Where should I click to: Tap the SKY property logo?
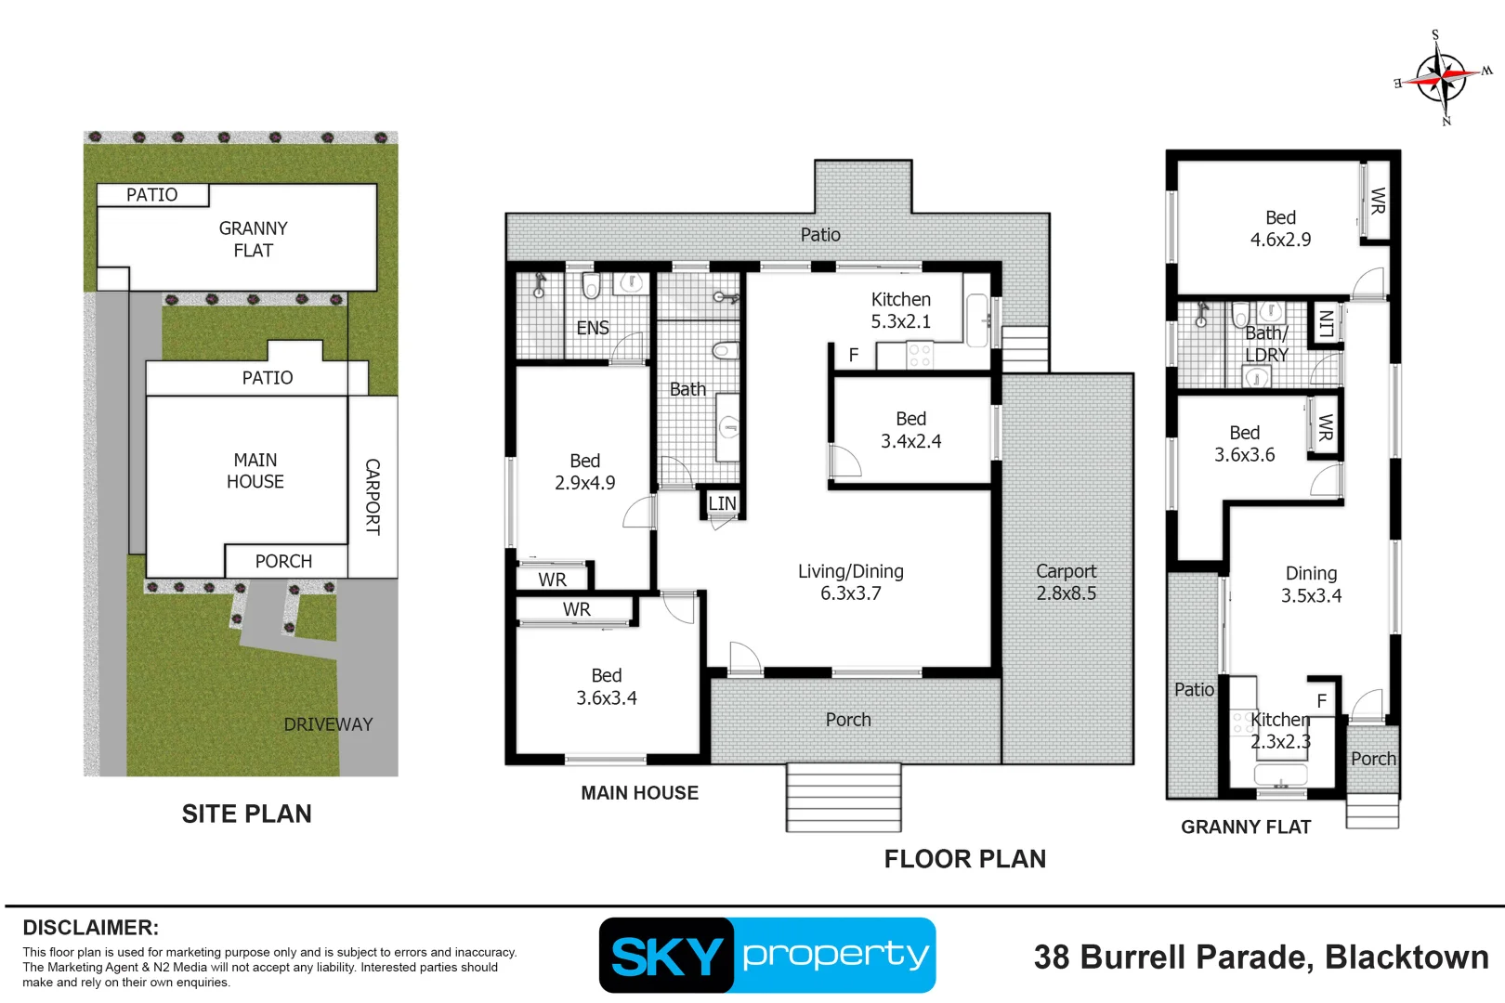767,955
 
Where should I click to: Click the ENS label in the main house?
593,328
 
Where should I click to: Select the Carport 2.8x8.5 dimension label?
1067,581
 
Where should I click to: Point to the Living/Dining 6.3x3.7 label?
851,581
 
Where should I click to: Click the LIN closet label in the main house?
722,503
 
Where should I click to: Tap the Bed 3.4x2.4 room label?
911,430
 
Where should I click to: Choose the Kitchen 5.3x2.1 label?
901,309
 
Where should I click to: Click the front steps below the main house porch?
844,798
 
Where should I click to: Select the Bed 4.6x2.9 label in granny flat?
1280,228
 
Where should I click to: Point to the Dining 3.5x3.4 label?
1312,584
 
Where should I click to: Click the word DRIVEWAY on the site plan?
328,724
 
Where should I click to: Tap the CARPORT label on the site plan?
373,497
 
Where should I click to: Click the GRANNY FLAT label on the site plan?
254,240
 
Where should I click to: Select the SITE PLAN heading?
246,814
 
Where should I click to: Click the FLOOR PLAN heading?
965,858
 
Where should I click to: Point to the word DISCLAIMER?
91,928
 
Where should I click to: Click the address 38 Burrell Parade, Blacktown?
1261,957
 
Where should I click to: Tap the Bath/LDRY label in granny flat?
1267,344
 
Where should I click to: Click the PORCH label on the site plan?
283,561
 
